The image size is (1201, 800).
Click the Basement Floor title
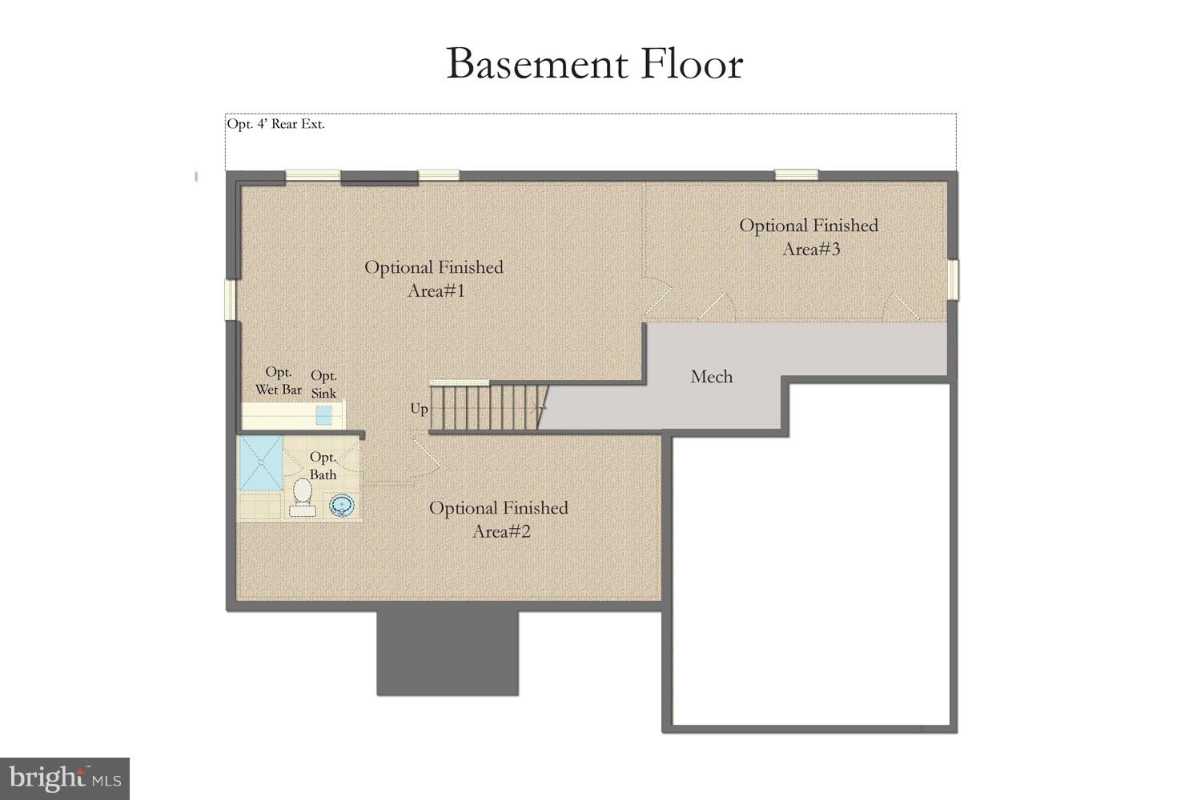click(594, 64)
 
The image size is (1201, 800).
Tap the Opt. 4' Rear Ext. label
click(275, 125)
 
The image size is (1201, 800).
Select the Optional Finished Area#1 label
click(434, 278)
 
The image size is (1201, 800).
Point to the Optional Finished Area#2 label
click(499, 519)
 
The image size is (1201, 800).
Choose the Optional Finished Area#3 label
click(809, 237)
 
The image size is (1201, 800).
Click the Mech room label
click(711, 377)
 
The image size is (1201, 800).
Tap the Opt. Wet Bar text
click(279, 381)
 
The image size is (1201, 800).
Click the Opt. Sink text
click(323, 384)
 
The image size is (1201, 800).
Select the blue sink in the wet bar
click(323, 415)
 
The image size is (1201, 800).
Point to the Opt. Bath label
click(323, 466)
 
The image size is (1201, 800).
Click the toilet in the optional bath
click(302, 494)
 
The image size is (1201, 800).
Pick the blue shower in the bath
click(260, 463)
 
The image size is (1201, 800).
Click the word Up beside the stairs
click(419, 409)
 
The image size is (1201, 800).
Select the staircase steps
click(485, 408)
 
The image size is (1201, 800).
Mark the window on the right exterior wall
click(953, 279)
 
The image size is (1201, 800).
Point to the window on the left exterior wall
click(230, 299)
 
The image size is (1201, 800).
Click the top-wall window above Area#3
click(796, 174)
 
